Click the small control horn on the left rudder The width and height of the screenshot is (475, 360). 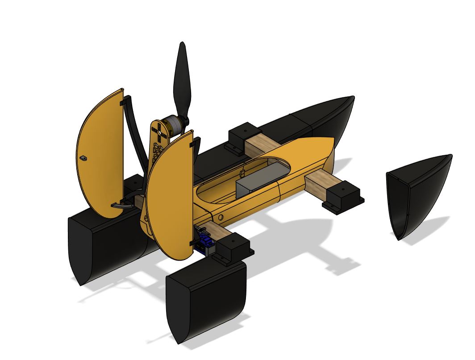tap(83, 158)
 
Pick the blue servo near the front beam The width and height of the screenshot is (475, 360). tap(207, 244)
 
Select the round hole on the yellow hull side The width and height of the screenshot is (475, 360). tap(221, 217)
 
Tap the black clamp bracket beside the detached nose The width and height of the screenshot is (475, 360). tap(343, 197)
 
